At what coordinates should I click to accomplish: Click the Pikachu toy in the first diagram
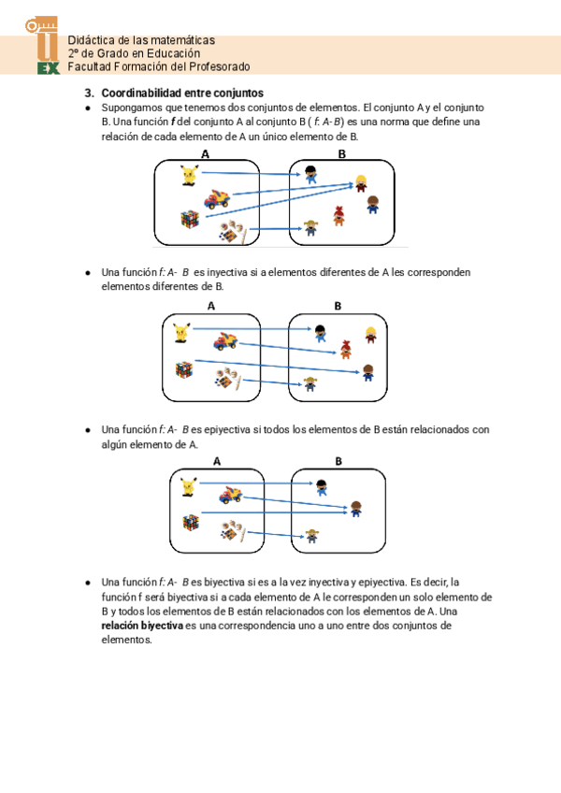pos(190,173)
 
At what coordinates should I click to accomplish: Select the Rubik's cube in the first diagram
pos(190,219)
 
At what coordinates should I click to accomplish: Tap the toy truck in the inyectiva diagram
pos(224,340)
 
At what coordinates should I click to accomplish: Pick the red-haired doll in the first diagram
pos(340,216)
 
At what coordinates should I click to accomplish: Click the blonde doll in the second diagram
pos(371,335)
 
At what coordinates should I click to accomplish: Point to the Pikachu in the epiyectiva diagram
pos(188,486)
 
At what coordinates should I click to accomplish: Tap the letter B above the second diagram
pos(338,306)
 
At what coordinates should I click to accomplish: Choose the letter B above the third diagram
pos(338,461)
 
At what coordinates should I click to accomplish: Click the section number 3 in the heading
pos(89,94)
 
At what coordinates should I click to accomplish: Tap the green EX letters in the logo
pos(47,68)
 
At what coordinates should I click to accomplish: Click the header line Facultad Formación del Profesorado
pos(159,67)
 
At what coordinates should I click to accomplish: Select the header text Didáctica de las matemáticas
pos(141,40)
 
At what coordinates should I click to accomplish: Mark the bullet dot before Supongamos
pos(87,108)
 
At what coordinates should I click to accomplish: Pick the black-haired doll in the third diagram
pos(322,485)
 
